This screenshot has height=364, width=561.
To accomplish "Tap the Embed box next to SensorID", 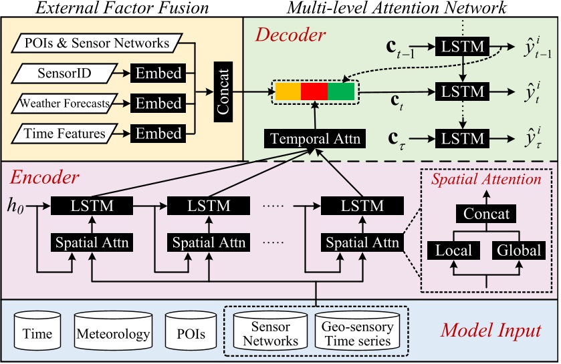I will (x=158, y=73).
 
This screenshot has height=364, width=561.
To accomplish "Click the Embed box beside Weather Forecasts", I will (x=158, y=103).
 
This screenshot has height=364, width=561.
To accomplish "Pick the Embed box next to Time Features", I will (x=158, y=134).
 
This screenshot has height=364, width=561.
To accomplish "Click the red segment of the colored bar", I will (x=314, y=91).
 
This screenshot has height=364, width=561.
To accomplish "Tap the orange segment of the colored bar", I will (x=287, y=91).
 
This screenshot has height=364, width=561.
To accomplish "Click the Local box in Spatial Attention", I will (x=453, y=250).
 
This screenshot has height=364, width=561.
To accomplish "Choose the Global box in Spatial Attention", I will (x=519, y=250).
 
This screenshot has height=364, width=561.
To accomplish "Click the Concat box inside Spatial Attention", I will (x=486, y=214).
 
